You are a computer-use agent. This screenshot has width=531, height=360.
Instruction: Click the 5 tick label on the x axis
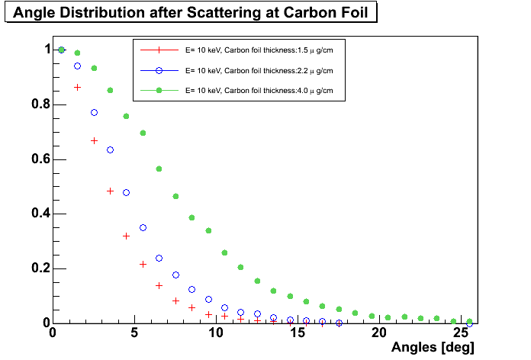point(134,333)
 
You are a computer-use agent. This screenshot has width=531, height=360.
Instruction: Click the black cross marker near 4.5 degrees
point(126,236)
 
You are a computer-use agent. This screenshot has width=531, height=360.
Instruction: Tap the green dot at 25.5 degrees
point(470,322)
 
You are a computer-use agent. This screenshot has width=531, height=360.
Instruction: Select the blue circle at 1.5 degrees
point(77,66)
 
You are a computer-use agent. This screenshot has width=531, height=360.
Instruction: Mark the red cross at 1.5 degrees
point(77,87)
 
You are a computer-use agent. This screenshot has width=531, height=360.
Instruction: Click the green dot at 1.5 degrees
point(77,53)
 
